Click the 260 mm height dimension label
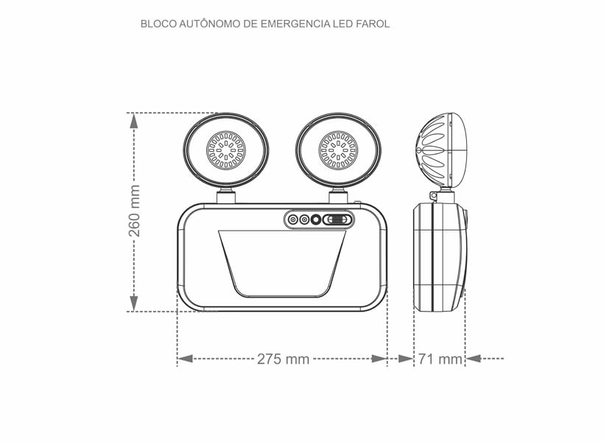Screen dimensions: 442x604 135,211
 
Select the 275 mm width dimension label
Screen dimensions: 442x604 283,359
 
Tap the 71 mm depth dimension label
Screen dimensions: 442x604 440,359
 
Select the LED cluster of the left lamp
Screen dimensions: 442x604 225,150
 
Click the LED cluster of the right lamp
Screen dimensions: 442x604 338,150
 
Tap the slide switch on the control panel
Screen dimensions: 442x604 338,220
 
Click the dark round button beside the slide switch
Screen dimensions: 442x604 317,220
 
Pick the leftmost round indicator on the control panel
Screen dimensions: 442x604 293,220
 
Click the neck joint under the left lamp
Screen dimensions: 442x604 226,195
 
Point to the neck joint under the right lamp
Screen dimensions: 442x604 338,195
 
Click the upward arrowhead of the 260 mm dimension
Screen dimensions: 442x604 134,121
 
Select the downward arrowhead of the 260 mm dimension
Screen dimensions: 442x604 134,303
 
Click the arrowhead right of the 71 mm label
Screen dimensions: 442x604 474,359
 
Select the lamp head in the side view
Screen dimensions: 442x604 442,150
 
